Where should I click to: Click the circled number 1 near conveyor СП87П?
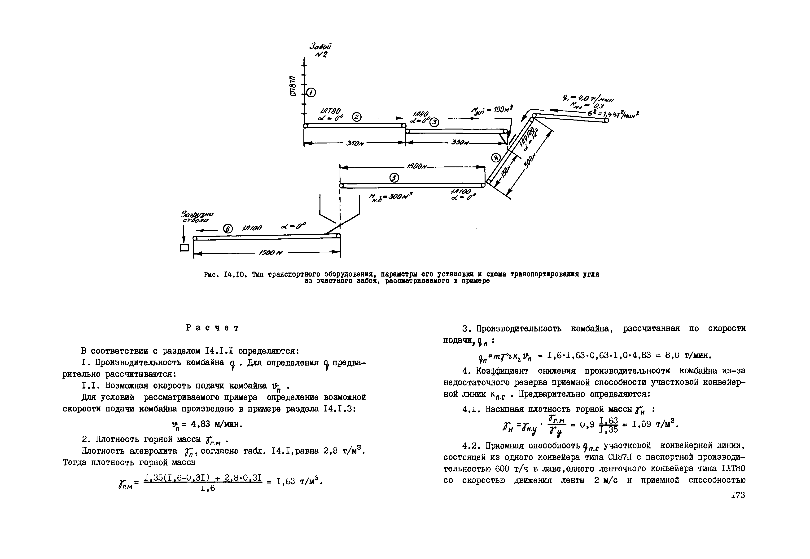(311, 93)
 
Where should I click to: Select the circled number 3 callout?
(434, 122)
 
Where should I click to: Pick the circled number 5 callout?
(394, 178)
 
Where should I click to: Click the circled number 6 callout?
(228, 229)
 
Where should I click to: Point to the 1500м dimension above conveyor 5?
(417, 167)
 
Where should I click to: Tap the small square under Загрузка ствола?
(184, 248)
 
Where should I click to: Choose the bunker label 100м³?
(493, 110)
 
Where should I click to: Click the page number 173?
(738, 495)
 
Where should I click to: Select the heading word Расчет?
(212, 328)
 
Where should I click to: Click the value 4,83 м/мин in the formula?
(216, 424)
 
